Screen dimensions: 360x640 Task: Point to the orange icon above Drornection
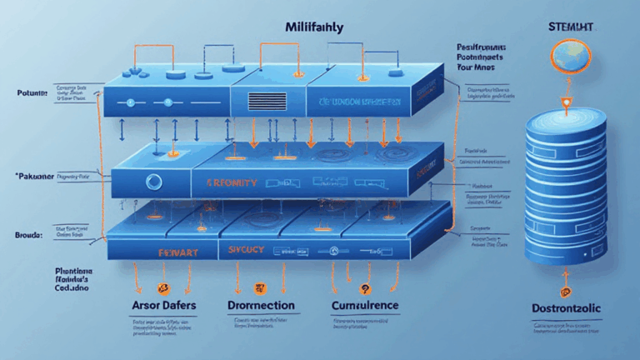pyautogui.click(x=258, y=288)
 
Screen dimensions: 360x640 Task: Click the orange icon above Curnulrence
pyautogui.click(x=363, y=288)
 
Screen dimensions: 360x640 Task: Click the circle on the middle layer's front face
pyautogui.click(x=152, y=181)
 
